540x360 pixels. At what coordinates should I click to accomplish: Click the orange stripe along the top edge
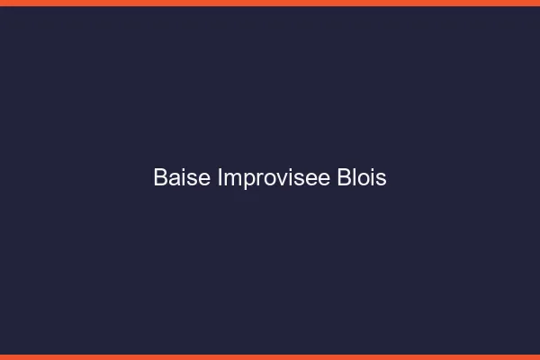click(x=270, y=3)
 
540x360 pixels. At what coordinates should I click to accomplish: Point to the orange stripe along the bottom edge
click(x=270, y=357)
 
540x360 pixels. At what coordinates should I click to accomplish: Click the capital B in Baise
click(x=160, y=178)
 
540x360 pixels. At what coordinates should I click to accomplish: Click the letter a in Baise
click(x=174, y=179)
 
